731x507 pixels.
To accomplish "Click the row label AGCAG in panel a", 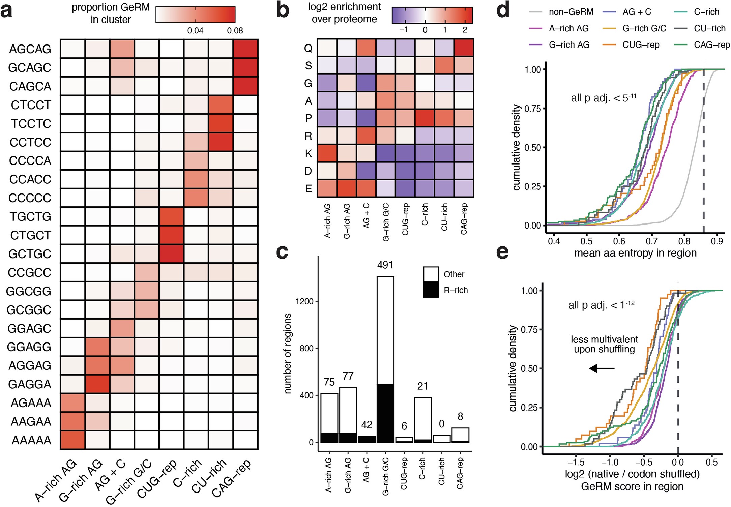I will coord(30,49).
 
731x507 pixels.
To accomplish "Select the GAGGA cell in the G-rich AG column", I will coord(97,384).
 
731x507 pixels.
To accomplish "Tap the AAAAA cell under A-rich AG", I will coord(72,440).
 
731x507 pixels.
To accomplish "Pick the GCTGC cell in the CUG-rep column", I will coord(172,253).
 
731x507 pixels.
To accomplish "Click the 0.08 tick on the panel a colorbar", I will coord(235,31).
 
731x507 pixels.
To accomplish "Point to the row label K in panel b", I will coord(308,154).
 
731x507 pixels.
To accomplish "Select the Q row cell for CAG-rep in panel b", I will coord(464,48).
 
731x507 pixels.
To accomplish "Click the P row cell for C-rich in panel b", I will coord(425,118).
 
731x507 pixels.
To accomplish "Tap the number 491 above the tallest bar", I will coord(385,265).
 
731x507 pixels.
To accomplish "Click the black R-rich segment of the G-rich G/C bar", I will coord(385,413).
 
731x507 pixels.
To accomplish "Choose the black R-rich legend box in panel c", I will coord(431,290).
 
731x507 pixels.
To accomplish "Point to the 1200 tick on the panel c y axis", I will coord(304,301).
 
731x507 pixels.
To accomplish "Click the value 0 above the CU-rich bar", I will coord(441,424).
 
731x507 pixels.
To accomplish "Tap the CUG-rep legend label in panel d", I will coord(641,45).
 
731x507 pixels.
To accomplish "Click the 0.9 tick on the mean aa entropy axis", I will coord(717,241).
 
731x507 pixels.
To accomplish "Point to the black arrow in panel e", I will coord(602,368).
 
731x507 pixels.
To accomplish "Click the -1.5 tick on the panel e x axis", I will coord(576,461).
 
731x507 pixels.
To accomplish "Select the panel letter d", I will coord(503,11).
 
